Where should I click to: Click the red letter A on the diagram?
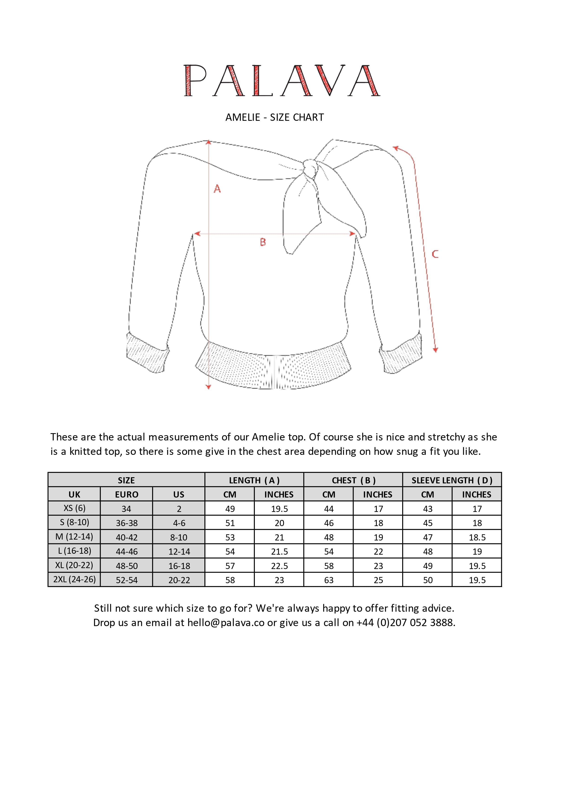point(217,189)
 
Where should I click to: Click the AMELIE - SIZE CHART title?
point(275,117)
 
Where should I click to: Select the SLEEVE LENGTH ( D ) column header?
point(452,480)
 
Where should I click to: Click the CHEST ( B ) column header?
point(353,480)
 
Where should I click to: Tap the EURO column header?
point(127,495)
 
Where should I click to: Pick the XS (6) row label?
point(74,508)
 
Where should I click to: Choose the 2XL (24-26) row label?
point(74,580)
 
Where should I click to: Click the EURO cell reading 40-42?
point(127,537)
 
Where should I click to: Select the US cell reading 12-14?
point(179,552)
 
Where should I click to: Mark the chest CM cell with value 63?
point(329,580)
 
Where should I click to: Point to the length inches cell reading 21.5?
point(279,552)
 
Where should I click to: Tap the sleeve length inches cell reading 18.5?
point(477,537)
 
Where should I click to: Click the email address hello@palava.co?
point(226,623)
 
